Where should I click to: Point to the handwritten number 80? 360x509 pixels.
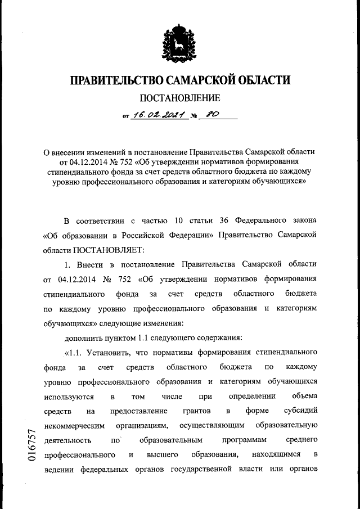[213, 115]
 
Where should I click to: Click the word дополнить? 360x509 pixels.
[83, 338]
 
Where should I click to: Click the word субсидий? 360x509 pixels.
[301, 411]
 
